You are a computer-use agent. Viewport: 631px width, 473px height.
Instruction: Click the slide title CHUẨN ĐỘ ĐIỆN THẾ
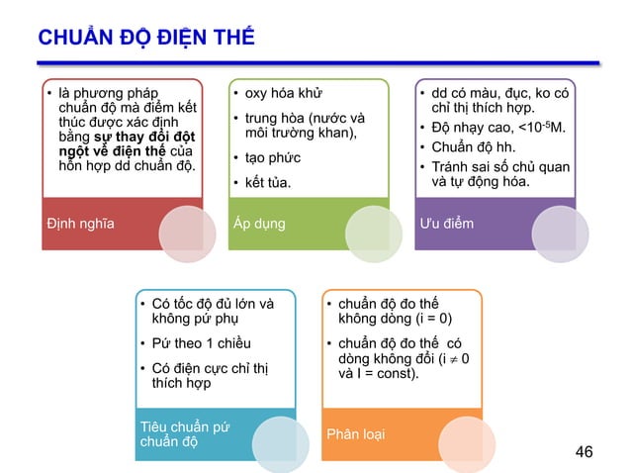pos(145,38)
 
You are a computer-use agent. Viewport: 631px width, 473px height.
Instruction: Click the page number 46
pos(584,452)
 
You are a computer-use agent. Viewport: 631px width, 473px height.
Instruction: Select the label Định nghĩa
pos(80,223)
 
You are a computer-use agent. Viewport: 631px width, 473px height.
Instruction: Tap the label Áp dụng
pos(259,223)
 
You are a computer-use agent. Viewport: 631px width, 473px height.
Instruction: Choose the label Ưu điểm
pos(446,223)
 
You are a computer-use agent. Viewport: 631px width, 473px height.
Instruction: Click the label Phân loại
pos(358,434)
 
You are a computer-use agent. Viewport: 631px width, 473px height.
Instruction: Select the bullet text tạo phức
pos(273,157)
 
